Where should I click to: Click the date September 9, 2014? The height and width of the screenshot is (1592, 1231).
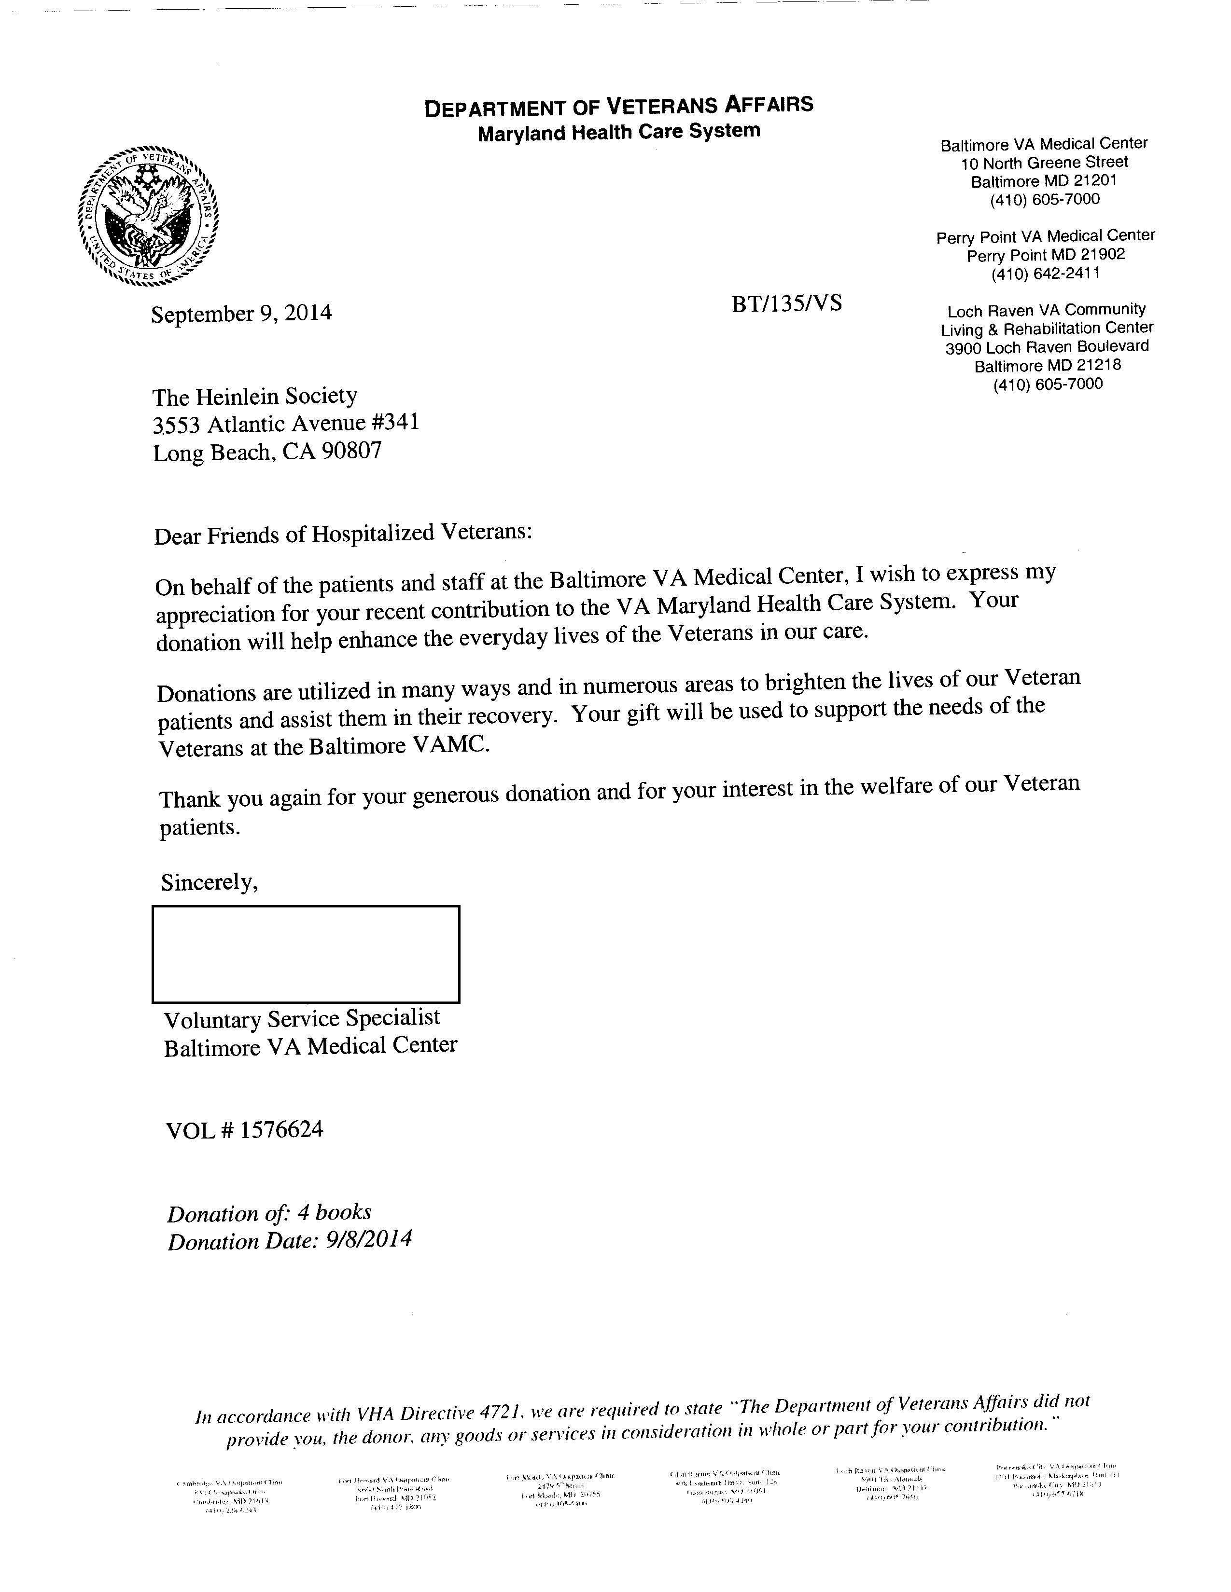coord(241,314)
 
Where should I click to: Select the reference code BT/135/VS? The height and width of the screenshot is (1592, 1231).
coord(786,303)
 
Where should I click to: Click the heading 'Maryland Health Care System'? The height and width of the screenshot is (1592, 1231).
coord(618,132)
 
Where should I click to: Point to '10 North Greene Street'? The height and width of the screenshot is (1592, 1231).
coord(1044,162)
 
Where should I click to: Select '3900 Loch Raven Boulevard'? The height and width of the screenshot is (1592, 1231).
coord(1047,347)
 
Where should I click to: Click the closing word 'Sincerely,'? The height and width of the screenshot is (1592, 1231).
coord(210,883)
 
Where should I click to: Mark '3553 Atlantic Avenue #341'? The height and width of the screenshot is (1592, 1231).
coord(285,424)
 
